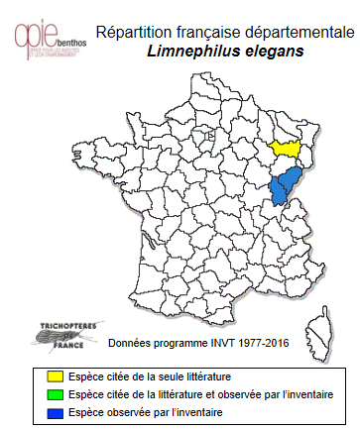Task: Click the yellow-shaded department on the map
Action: [x=286, y=148]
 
